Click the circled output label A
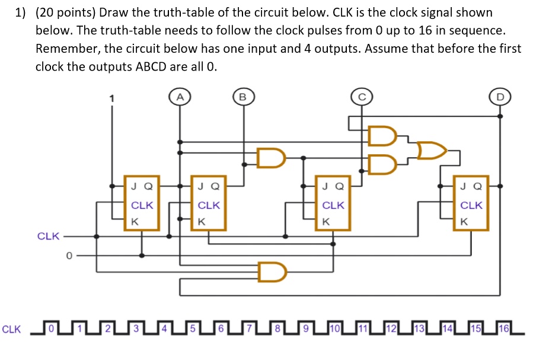180,96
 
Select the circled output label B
241,96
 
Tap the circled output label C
361,96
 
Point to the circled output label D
500,96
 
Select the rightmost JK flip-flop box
471,202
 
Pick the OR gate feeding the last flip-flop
432,151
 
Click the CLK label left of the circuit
48,236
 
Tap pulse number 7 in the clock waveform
250,327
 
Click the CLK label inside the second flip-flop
209,205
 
